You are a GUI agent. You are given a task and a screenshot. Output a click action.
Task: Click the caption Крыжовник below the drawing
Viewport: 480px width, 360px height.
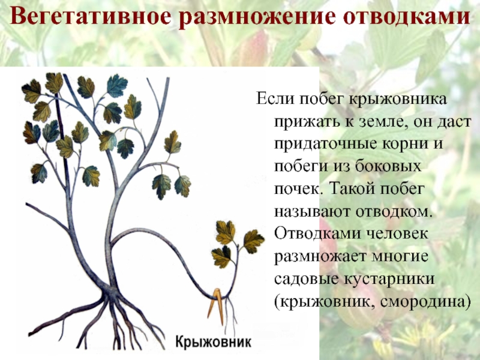213,342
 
